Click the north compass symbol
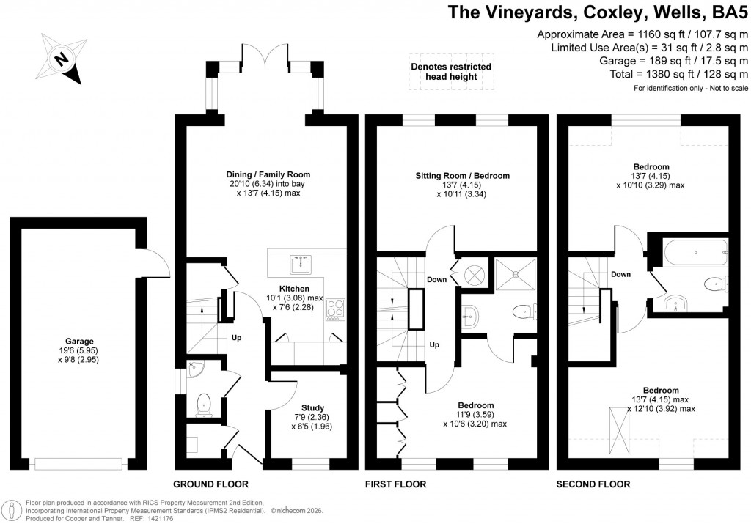[62, 59]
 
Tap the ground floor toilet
[203, 402]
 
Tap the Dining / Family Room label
[268, 174]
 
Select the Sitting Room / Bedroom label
[463, 176]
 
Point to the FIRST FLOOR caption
[395, 484]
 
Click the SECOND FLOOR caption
[593, 484]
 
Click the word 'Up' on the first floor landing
[433, 345]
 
